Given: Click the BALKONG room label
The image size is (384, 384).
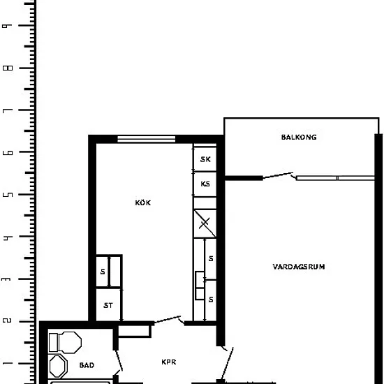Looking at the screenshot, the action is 299,137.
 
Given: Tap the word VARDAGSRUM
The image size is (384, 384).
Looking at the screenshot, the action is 299,267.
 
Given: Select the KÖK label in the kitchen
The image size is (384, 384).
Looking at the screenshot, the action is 143,202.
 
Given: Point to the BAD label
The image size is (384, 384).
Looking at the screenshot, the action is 87,365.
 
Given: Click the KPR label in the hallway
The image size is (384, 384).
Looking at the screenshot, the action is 169,362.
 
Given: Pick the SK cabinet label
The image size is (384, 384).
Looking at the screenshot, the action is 205,159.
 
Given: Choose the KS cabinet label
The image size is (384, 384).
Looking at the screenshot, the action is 205,184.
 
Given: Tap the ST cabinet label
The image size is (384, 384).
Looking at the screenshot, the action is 108,306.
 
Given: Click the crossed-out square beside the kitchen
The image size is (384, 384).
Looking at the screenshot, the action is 205,223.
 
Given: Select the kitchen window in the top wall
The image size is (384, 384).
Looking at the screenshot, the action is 147,139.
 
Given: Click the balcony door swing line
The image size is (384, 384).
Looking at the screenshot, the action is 278,175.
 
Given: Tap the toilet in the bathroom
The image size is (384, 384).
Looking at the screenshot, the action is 65,343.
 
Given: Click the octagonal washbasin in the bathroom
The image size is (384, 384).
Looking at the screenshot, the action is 58,367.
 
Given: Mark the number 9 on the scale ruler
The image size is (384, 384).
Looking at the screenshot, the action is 8,26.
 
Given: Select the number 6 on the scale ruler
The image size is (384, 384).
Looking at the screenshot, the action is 8,153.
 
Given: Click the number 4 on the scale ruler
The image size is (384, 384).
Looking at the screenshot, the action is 8,237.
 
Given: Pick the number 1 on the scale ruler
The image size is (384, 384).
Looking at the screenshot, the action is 8,363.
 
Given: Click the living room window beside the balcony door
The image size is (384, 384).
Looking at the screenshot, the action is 336,178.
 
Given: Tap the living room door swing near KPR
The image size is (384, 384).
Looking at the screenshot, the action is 227,363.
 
